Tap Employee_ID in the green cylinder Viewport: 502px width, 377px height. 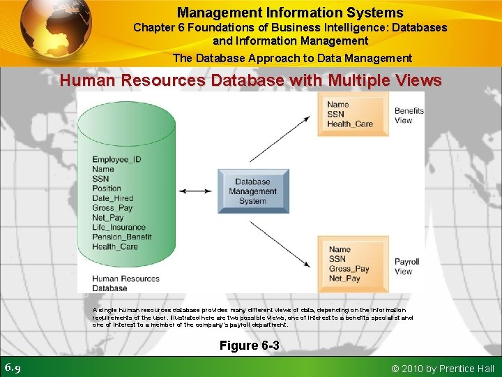(116, 159)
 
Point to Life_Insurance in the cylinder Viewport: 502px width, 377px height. (119, 227)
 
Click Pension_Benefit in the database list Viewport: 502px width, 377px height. (121, 237)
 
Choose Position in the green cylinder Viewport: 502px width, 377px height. (107, 188)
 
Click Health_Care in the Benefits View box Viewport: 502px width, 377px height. (350, 124)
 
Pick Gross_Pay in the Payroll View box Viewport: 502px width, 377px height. (349, 269)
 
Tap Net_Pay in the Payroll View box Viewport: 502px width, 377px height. (344, 279)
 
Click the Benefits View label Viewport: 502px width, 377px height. (409, 115)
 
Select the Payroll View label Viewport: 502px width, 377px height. (406, 267)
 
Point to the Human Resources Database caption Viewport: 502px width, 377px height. (125, 283)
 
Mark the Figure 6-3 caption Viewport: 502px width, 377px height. (249, 346)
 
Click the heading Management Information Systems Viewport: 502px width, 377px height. (290, 13)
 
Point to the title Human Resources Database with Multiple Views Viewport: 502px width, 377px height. (250, 80)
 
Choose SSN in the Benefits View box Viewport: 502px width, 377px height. (336, 114)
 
